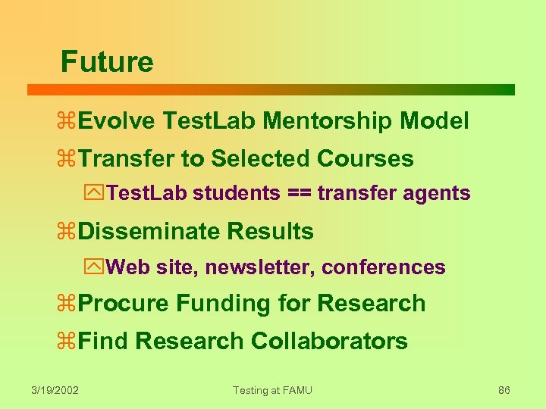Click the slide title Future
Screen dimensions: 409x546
pyautogui.click(x=107, y=61)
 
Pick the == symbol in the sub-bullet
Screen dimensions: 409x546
pyautogui.click(x=298, y=194)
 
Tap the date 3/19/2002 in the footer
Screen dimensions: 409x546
pyautogui.click(x=55, y=391)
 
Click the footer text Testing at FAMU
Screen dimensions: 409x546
pyautogui.click(x=272, y=391)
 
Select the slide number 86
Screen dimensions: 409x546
pyautogui.click(x=504, y=391)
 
